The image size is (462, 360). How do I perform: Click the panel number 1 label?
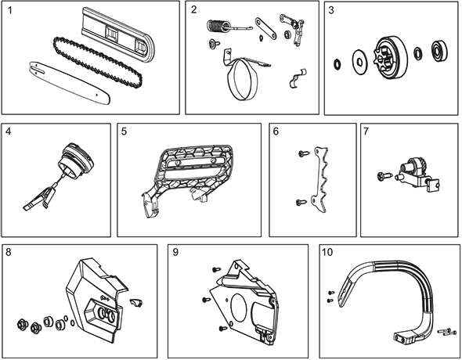(x=10, y=10)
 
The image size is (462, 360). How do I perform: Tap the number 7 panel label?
(x=366, y=131)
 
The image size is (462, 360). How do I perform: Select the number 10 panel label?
(x=327, y=252)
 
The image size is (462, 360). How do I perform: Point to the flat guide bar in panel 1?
(x=70, y=84)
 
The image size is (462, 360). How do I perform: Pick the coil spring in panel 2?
(x=218, y=26)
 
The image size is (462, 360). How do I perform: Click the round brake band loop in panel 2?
(x=243, y=79)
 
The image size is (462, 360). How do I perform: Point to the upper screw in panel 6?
(x=304, y=153)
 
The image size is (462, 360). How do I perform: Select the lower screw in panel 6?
(x=301, y=202)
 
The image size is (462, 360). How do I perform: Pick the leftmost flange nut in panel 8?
(x=22, y=324)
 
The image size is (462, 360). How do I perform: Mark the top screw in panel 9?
(x=216, y=269)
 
